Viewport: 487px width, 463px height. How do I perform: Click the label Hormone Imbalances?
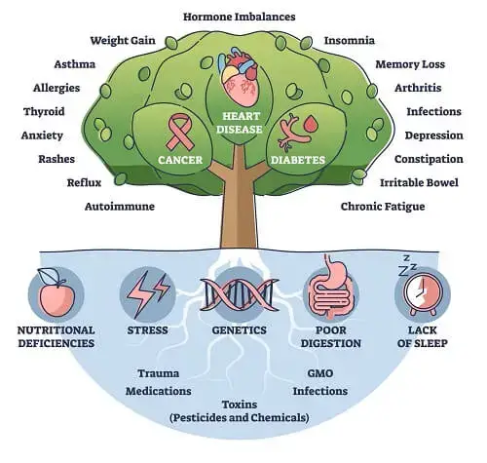240,17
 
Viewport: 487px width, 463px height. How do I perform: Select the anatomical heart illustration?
240,77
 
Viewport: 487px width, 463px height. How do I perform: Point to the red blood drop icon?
311,124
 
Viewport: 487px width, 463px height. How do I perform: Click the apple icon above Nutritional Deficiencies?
56,292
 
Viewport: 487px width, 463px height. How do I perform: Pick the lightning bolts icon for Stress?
148,294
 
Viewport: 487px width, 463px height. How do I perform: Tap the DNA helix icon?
240,294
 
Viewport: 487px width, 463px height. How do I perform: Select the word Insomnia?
350,40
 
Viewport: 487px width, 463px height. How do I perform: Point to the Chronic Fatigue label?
383,207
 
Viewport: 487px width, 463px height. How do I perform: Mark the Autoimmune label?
120,207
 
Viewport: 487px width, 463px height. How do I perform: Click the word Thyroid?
44,112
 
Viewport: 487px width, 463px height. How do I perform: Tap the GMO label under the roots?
320,373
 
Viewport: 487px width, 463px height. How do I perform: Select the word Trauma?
159,373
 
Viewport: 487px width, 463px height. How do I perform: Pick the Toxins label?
240,405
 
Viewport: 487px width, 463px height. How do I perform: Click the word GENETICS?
240,330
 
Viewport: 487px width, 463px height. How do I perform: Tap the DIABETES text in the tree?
298,160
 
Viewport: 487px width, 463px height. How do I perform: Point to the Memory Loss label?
410,64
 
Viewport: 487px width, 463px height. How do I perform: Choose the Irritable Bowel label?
419,182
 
